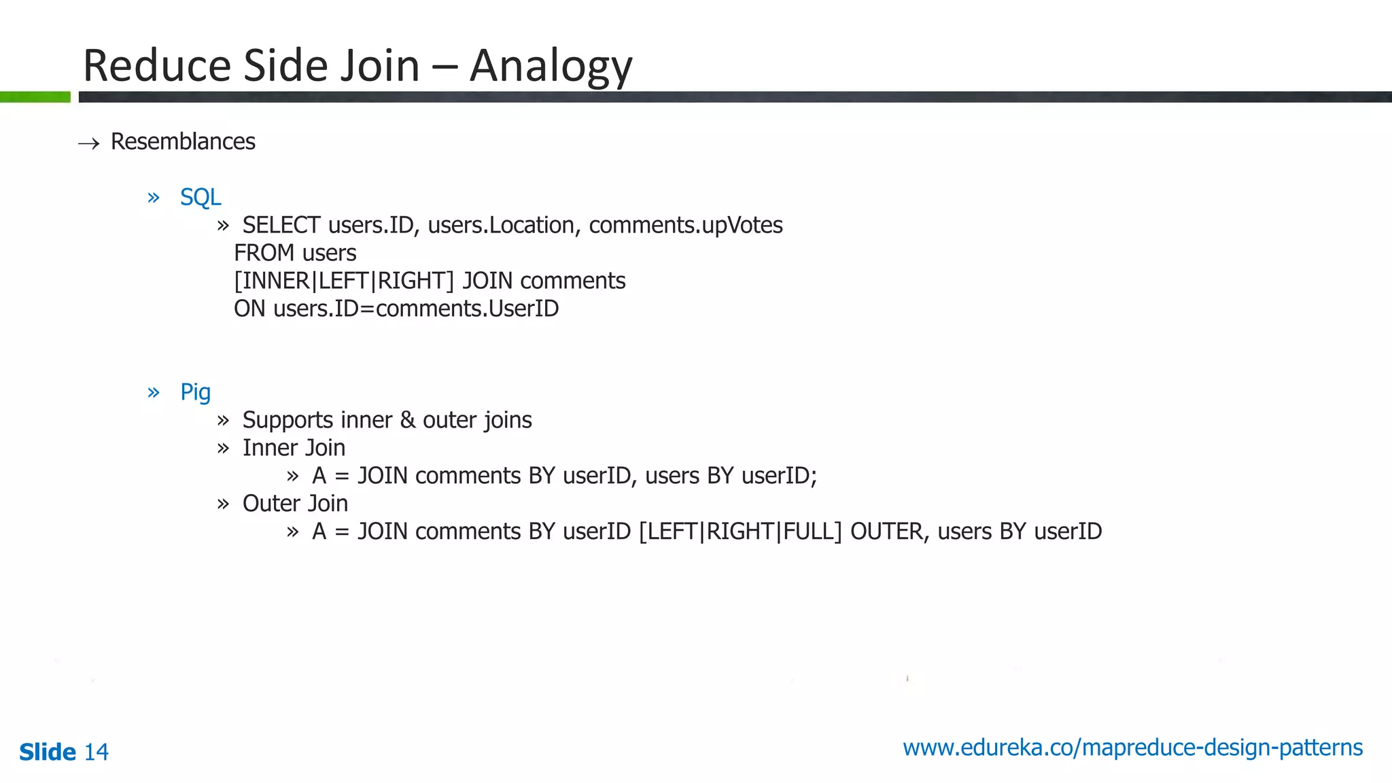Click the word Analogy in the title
click(551, 67)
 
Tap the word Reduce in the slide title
click(157, 66)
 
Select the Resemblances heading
click(183, 141)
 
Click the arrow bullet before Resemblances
click(89, 143)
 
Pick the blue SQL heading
click(201, 197)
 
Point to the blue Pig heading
click(195, 392)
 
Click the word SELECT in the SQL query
click(281, 225)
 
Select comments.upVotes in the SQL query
click(685, 225)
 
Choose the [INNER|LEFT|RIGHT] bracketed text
click(344, 281)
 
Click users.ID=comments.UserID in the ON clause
click(416, 309)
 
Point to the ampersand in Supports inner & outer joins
click(408, 420)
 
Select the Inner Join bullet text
click(294, 448)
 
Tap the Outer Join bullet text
click(295, 504)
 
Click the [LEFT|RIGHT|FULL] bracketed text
click(740, 532)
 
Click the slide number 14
click(96, 752)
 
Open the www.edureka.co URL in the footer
click(1132, 748)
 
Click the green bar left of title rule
click(35, 97)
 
